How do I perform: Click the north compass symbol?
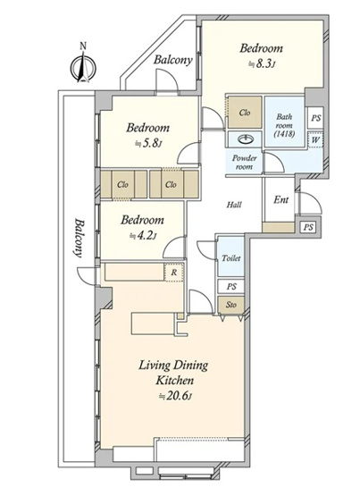pyautogui.click(x=83, y=66)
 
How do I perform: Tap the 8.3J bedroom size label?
pyautogui.click(x=263, y=64)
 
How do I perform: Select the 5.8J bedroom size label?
pyautogui.click(x=148, y=144)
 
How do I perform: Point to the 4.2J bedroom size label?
pyautogui.click(x=143, y=236)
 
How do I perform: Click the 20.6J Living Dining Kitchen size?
pyautogui.click(x=175, y=396)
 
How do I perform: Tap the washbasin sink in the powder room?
pyautogui.click(x=245, y=139)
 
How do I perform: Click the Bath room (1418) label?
pyautogui.click(x=284, y=125)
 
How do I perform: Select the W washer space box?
pyautogui.click(x=315, y=139)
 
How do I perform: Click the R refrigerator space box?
pyautogui.click(x=173, y=273)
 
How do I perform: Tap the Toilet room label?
pyautogui.click(x=231, y=258)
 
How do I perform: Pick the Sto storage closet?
pyautogui.click(x=231, y=305)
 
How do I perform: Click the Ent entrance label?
pyautogui.click(x=281, y=200)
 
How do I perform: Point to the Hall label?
pyautogui.click(x=234, y=205)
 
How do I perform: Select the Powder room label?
pyautogui.click(x=245, y=162)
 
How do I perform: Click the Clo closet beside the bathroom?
pyautogui.click(x=245, y=113)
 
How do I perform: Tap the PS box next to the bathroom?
pyautogui.click(x=315, y=118)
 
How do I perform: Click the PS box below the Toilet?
pyautogui.click(x=231, y=287)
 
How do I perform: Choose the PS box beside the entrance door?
pyautogui.click(x=308, y=227)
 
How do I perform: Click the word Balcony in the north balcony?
pyautogui.click(x=173, y=60)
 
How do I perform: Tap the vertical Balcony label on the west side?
pyautogui.click(x=79, y=238)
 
